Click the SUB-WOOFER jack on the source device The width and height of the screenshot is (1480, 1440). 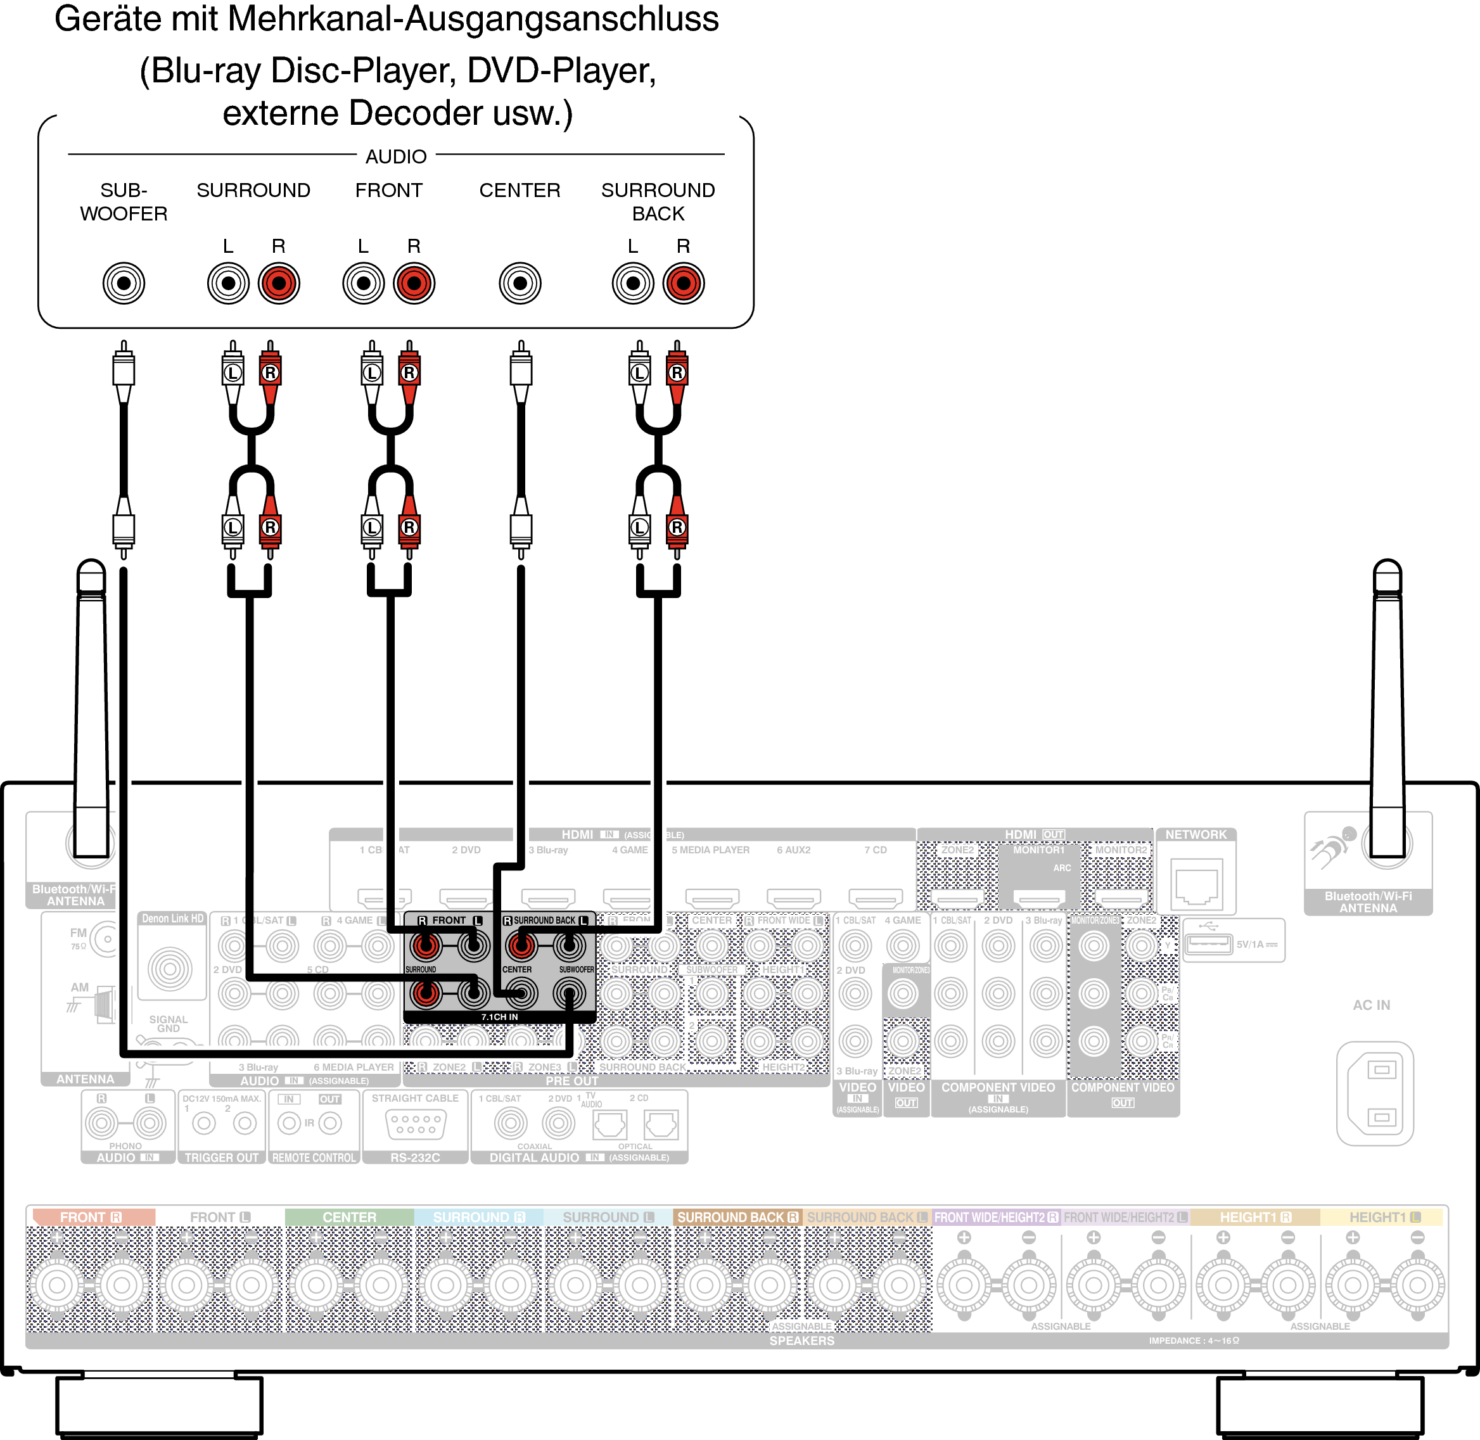point(124,284)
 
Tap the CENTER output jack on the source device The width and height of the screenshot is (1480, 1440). point(520,284)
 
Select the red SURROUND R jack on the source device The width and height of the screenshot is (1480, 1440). point(279,284)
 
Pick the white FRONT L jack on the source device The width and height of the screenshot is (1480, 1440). point(363,284)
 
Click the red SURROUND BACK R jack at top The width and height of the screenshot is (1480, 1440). point(683,284)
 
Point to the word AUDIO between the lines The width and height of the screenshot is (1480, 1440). point(395,156)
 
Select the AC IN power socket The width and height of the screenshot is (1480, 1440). point(1374,1093)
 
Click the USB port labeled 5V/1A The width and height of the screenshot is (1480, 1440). point(1208,944)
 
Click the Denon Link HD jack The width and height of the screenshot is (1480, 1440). point(170,969)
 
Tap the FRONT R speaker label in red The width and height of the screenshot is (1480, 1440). point(91,1217)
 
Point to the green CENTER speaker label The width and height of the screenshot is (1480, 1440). point(348,1217)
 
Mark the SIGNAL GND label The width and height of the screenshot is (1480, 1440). point(168,1023)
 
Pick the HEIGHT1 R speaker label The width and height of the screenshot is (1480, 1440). point(1254,1217)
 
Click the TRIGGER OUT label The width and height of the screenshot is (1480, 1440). point(222,1158)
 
